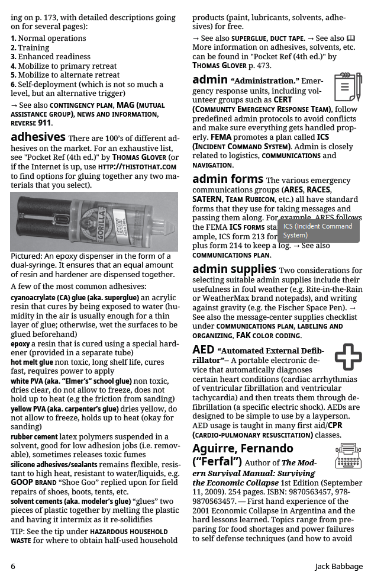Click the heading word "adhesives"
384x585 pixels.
coord(38,137)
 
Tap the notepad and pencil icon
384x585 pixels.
coord(348,88)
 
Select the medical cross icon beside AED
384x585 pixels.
coord(348,356)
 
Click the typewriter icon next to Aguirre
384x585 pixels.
coord(348,455)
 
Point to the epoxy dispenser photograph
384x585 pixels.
coord(94,221)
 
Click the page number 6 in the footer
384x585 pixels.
coord(13,566)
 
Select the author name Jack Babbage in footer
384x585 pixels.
coord(338,566)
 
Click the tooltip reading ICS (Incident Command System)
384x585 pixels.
coord(318,230)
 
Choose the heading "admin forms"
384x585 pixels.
coord(228,179)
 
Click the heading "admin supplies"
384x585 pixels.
coord(234,269)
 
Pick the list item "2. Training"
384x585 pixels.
coord(30,47)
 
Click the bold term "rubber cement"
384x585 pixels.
coord(34,437)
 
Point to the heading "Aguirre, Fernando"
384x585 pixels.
coord(243,448)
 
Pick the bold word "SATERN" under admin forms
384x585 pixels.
coord(207,200)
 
